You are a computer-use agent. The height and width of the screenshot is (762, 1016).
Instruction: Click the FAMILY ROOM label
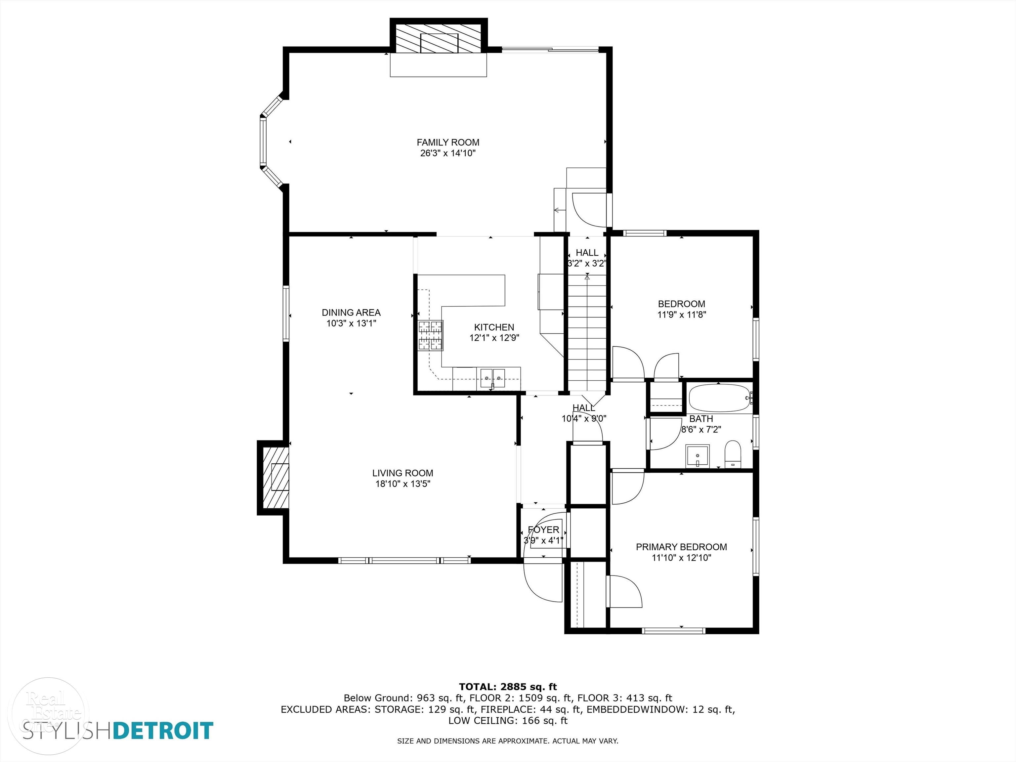[448, 143]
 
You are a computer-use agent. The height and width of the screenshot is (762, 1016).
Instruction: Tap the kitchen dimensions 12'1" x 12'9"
[494, 338]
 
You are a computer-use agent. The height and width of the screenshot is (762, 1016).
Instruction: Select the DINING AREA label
[351, 312]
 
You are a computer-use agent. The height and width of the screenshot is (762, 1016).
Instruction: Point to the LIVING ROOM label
[403, 473]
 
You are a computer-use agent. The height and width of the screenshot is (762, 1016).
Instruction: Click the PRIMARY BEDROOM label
[681, 547]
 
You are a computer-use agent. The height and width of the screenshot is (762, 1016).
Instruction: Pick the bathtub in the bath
[720, 398]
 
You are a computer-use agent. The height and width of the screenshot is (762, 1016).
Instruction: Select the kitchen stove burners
[430, 335]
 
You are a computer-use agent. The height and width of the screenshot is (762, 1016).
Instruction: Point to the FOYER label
[543, 529]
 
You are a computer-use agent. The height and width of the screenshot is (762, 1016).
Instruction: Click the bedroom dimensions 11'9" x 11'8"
[682, 315]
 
